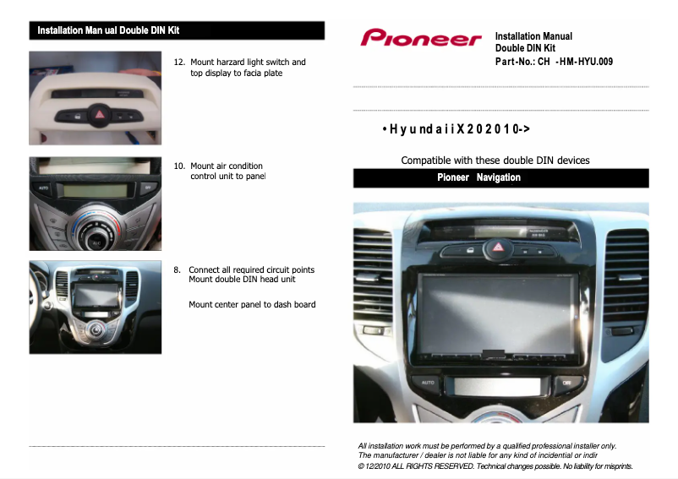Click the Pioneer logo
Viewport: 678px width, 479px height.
pos(420,38)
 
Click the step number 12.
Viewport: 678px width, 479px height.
pos(179,63)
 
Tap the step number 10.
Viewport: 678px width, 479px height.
pos(179,166)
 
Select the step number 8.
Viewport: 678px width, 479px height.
pos(178,270)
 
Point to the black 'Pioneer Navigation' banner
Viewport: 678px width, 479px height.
pos(500,178)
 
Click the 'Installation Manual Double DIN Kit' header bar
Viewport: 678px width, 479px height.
pos(177,31)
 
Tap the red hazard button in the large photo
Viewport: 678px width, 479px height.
pos(496,248)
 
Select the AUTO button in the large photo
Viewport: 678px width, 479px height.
pos(428,383)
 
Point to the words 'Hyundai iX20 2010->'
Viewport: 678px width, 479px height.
pos(457,130)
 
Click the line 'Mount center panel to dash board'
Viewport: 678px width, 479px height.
pos(252,305)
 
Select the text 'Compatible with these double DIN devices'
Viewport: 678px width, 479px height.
pos(495,161)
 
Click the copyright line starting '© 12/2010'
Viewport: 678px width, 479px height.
pos(495,466)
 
